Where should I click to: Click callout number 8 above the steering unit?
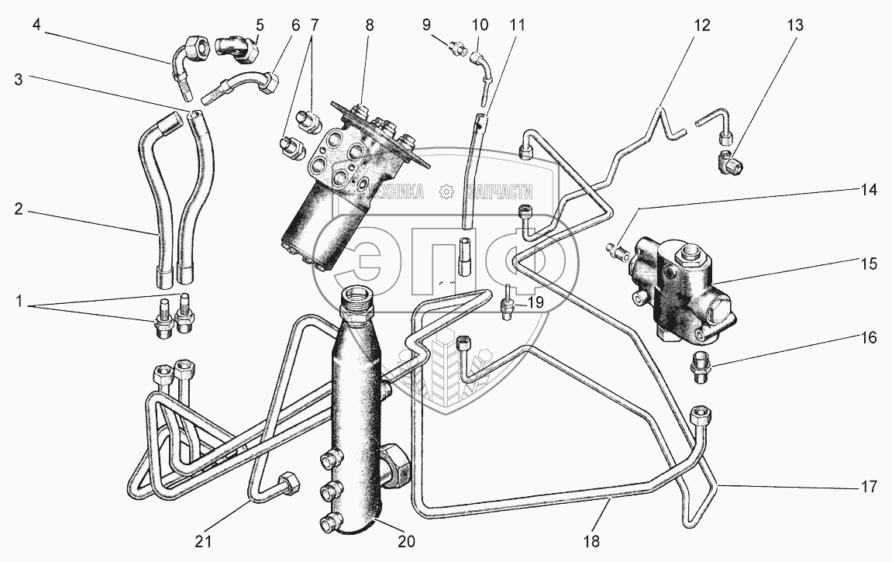(370, 25)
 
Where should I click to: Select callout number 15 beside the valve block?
(867, 264)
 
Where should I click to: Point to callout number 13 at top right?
(795, 25)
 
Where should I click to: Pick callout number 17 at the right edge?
(869, 487)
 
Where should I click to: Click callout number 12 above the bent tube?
(701, 25)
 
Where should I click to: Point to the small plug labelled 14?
(618, 250)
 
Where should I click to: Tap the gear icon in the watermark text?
(446, 191)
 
